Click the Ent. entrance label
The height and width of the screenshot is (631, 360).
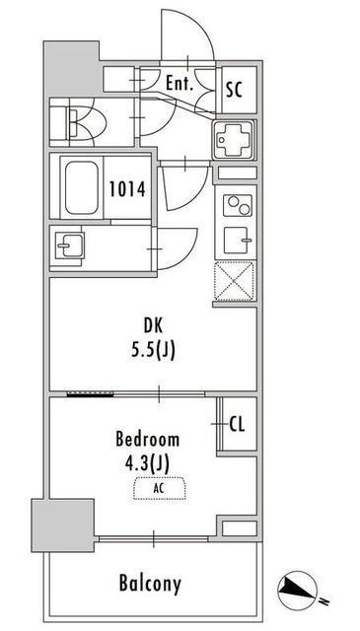[180, 85]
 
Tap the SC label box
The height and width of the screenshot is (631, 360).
[235, 89]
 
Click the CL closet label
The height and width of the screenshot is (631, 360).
[237, 425]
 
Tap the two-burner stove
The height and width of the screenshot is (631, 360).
[237, 206]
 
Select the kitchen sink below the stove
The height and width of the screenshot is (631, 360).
[237, 240]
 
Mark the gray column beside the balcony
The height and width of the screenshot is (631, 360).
[62, 524]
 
